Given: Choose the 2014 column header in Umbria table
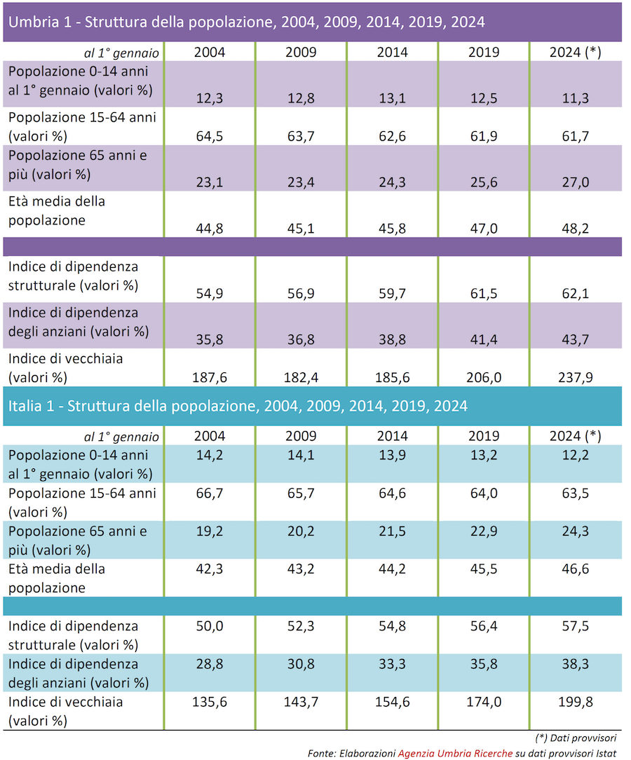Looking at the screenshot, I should tap(392, 52).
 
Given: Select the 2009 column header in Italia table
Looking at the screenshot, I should tap(301, 436).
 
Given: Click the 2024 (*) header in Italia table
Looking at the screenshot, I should tap(575, 436).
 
